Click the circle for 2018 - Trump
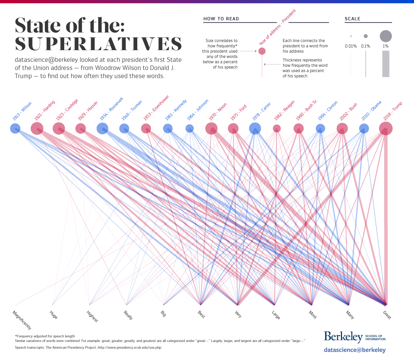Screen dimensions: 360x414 point(386,129)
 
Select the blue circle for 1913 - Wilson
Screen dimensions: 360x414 point(15,129)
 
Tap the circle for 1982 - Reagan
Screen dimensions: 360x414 point(277,128)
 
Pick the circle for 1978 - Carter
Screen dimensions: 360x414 point(255,129)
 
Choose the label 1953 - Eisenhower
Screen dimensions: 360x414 point(156,107)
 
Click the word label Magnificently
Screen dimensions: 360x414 point(22,320)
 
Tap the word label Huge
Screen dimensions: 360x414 point(54,315)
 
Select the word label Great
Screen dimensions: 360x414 point(387,315)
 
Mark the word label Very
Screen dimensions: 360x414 point(238,314)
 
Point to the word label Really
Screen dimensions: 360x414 point(128,315)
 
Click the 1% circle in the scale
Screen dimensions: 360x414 point(386,36)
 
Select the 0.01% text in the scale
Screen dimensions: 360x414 point(351,46)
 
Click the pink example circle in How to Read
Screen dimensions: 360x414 point(262,51)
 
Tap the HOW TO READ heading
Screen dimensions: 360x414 point(221,19)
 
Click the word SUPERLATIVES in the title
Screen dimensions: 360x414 point(98,44)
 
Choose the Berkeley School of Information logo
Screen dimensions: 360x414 point(355,337)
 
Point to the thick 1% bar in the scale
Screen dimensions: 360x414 point(386,64)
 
